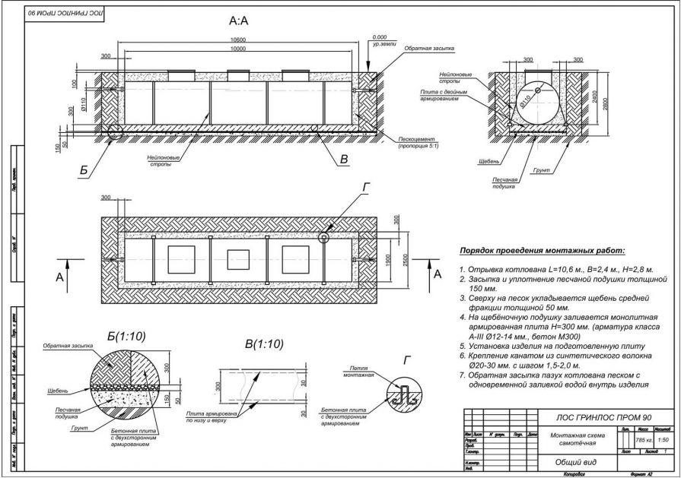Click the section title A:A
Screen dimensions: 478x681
coord(238,21)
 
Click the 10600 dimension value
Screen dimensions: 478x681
coord(238,39)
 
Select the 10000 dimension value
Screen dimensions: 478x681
coord(238,49)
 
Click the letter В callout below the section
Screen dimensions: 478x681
coord(343,160)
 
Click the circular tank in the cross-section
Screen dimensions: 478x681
coord(540,104)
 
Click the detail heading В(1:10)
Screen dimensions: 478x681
coord(264,343)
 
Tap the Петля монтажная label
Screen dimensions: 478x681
coord(359,371)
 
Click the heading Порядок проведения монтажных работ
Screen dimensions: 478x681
coord(541,251)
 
